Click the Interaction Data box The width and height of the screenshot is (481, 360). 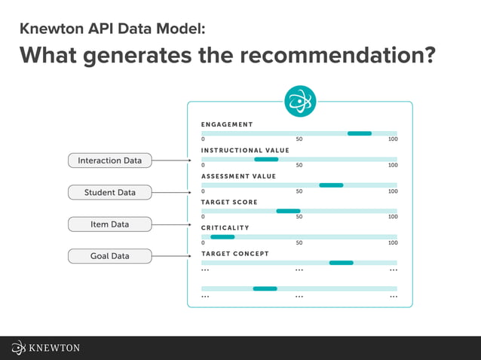pyautogui.click(x=110, y=160)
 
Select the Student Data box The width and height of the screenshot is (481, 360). pyautogui.click(x=110, y=192)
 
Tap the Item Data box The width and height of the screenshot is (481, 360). pyautogui.click(x=110, y=224)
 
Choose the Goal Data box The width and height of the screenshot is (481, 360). pyautogui.click(x=110, y=256)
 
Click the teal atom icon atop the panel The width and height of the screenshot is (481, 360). pyautogui.click(x=299, y=102)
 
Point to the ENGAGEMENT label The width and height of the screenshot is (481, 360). pyautogui.click(x=227, y=124)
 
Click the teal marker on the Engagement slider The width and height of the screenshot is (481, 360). pyautogui.click(x=359, y=133)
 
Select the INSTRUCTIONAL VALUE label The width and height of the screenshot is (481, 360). pyautogui.click(x=245, y=150)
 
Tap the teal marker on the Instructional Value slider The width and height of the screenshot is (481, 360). pyautogui.click(x=266, y=159)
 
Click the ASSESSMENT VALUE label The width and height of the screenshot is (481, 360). pyautogui.click(x=238, y=176)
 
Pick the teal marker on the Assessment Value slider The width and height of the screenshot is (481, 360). pyautogui.click(x=331, y=185)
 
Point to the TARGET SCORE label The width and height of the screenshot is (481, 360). pyautogui.click(x=229, y=202)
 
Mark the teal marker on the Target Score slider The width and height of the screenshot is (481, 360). pyautogui.click(x=288, y=211)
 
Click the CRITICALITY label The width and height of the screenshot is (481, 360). pyautogui.click(x=225, y=227)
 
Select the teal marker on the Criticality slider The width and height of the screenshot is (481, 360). pyautogui.click(x=222, y=236)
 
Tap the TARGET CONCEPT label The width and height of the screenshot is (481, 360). pyautogui.click(x=234, y=254)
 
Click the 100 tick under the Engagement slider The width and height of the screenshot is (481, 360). pyautogui.click(x=393, y=139)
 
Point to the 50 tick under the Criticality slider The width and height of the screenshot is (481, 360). pyautogui.click(x=299, y=243)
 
